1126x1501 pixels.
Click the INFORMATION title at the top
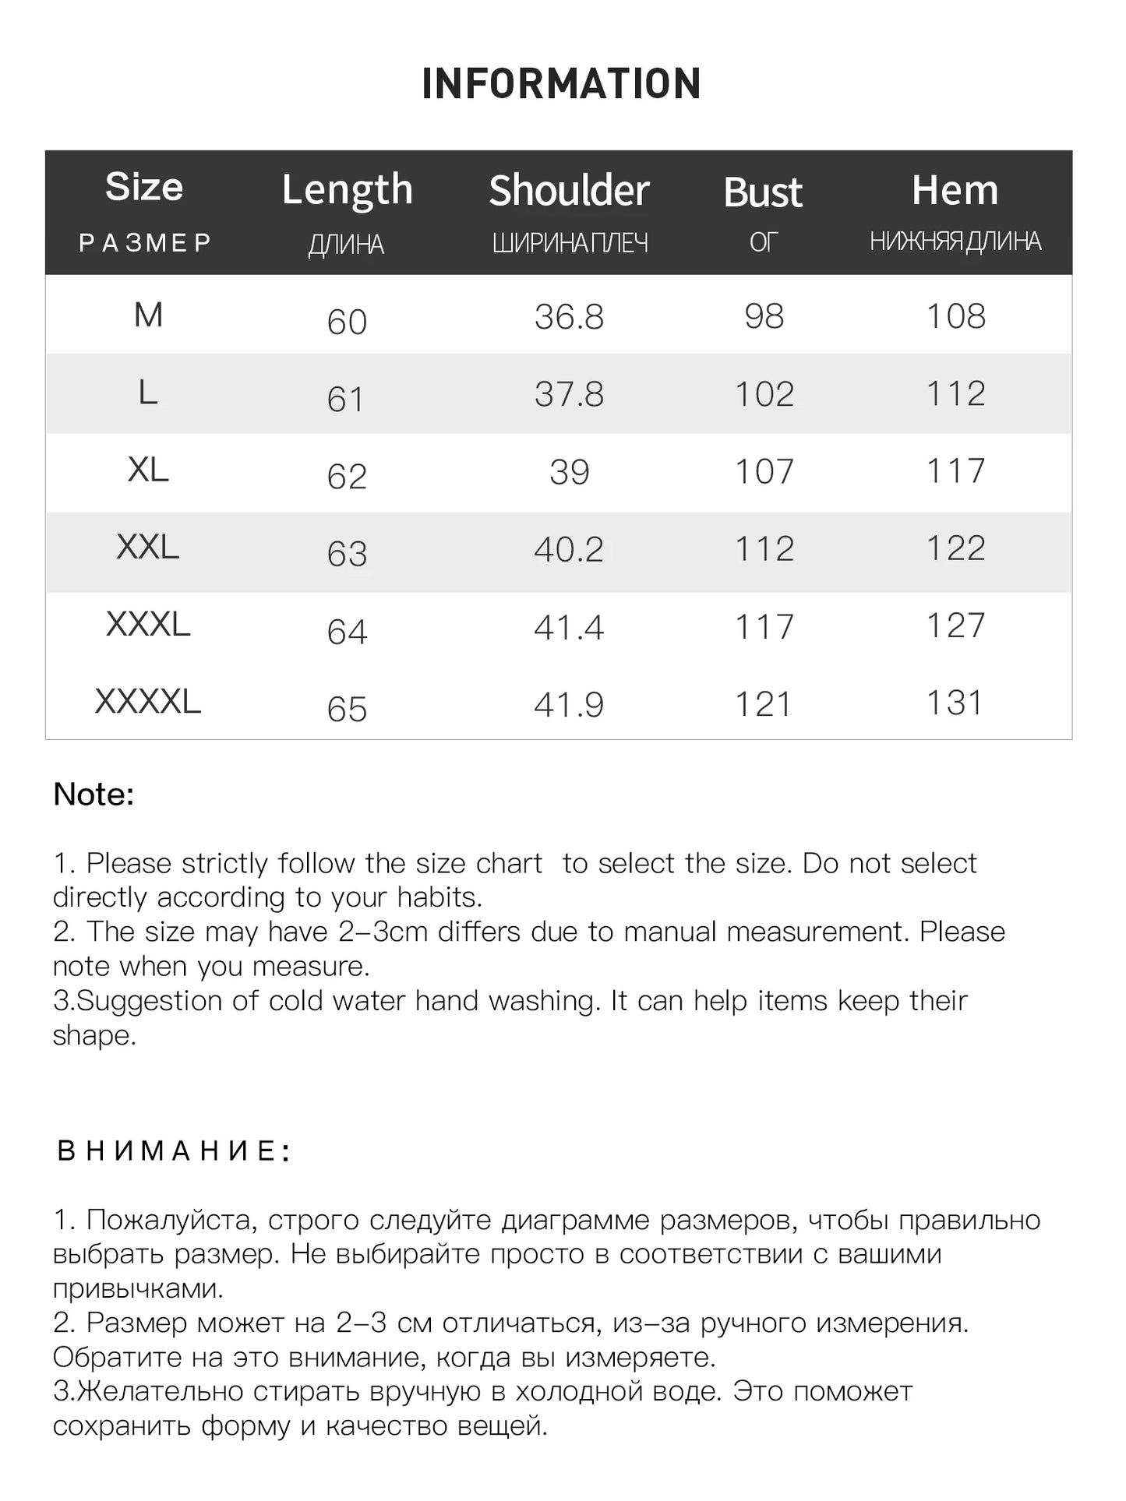coord(561,84)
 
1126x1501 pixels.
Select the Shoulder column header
coord(569,191)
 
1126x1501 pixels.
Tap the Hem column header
coord(955,191)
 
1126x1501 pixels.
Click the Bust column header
coord(763,192)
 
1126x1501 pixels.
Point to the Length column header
coord(347,191)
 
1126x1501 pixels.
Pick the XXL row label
coord(148,548)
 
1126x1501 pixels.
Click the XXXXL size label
coord(148,702)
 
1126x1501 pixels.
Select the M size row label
coord(148,315)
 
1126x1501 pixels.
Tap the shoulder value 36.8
coord(569,317)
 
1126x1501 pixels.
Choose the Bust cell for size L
coord(764,394)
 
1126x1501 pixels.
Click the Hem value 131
coord(955,703)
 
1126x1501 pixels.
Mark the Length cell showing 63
coord(347,554)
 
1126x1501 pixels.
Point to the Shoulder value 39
coord(569,472)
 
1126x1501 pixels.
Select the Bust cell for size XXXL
coord(764,627)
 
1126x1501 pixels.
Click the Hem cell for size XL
coord(955,471)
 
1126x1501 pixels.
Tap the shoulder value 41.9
coord(569,705)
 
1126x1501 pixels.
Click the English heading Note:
coord(94,795)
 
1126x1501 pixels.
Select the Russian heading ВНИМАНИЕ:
coord(174,1151)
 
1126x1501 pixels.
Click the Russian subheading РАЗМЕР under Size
coord(146,243)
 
